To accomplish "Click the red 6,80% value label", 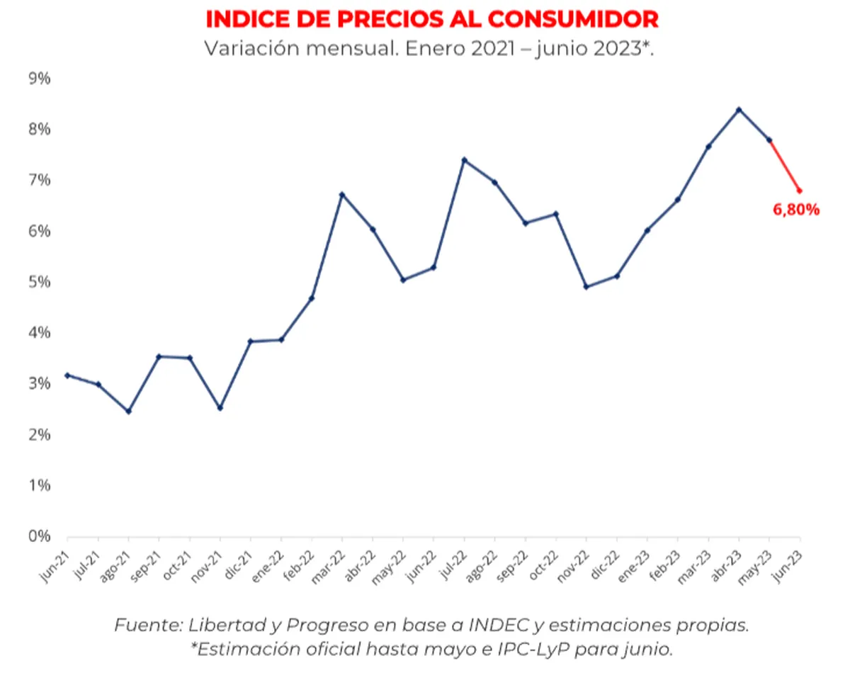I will (x=795, y=209).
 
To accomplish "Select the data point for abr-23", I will (x=739, y=110).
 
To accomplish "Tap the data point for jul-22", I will (x=464, y=160).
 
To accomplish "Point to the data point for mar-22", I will (x=342, y=194).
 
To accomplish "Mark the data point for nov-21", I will (x=220, y=408).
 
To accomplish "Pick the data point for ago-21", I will (x=128, y=412).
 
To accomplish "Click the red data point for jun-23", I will (x=800, y=191).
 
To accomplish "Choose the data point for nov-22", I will (x=586, y=287).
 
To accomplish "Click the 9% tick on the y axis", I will (x=39, y=79).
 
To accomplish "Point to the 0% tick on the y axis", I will (x=39, y=536).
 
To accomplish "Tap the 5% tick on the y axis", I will (x=39, y=282).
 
